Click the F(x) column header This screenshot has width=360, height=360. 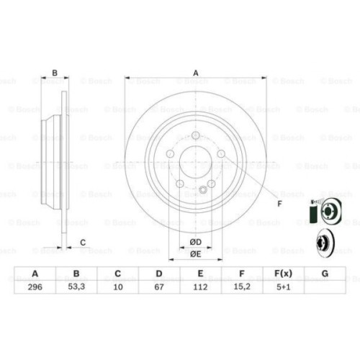click(283, 273)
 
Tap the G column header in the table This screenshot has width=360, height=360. click(325, 273)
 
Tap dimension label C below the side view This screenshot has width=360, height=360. click(82, 242)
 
